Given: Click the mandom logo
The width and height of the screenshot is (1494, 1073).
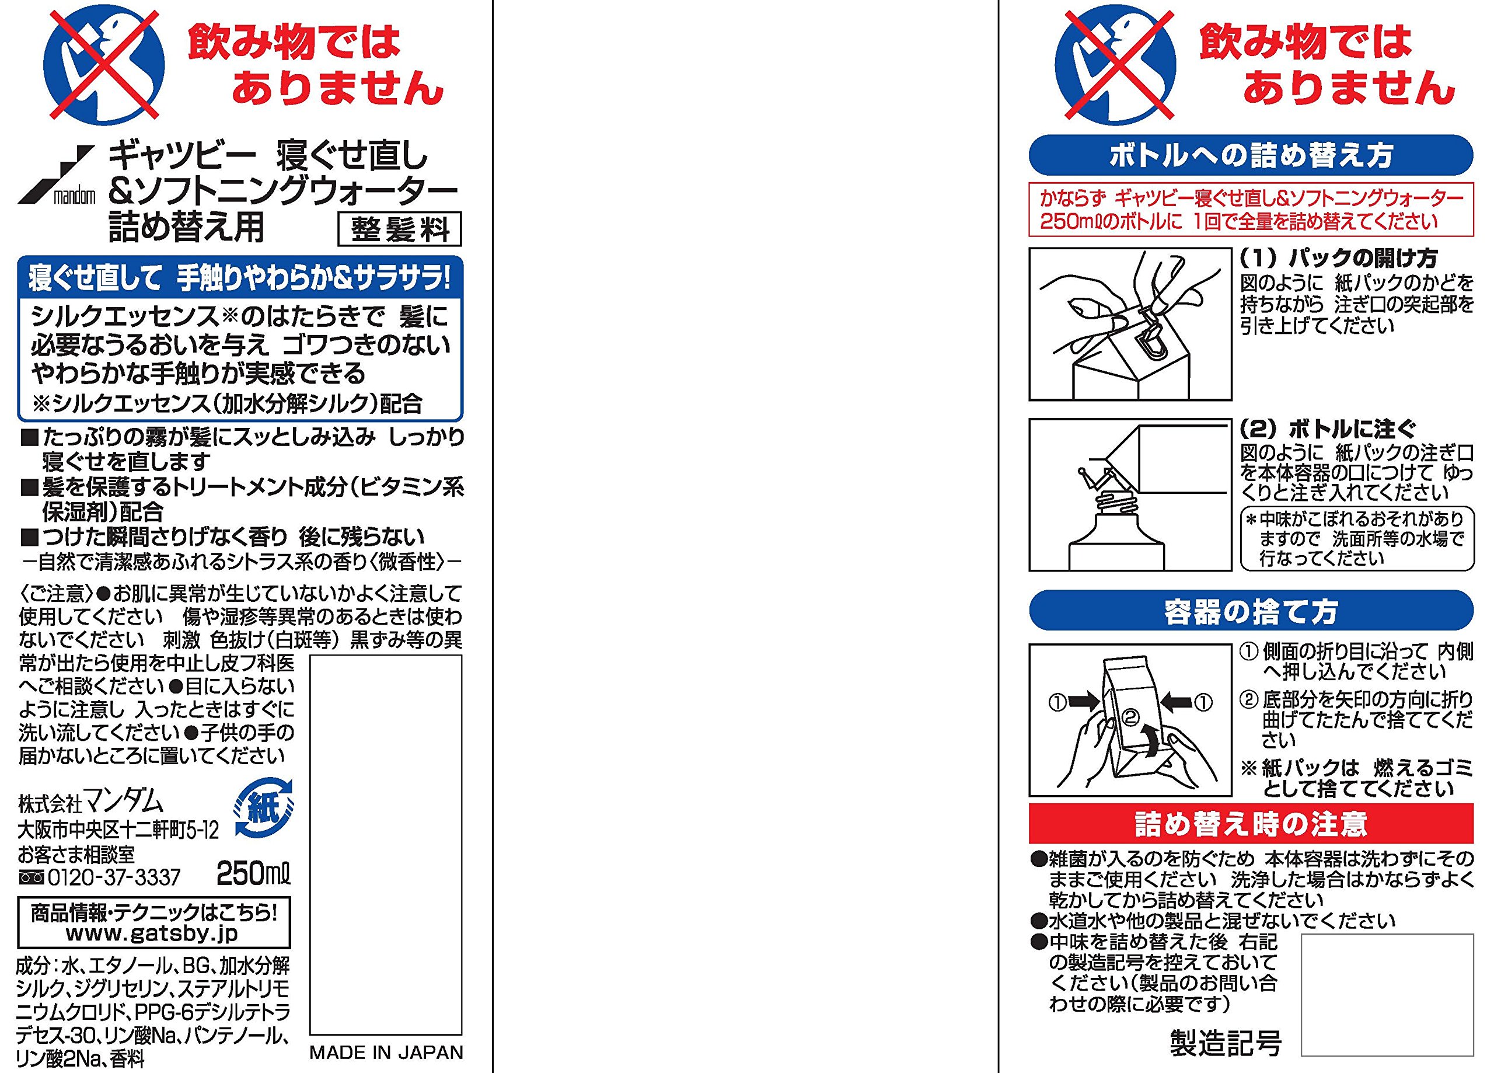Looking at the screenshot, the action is click(57, 175).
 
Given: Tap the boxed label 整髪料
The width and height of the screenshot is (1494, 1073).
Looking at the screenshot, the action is click(400, 229).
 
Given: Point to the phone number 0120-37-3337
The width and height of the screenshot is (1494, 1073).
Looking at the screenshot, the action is click(99, 877).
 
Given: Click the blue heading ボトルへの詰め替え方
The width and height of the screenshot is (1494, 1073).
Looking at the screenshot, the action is click(1251, 155).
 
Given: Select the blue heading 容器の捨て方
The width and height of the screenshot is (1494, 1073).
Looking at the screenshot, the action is click(1251, 611).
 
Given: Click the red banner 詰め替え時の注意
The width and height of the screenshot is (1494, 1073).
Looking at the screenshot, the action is click(1251, 823).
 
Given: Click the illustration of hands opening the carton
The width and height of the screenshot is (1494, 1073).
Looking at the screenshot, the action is click(1130, 323).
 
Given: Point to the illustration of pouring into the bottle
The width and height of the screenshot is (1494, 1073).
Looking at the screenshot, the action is click(1130, 494).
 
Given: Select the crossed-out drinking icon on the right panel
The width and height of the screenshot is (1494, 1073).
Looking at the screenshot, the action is click(1115, 66).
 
